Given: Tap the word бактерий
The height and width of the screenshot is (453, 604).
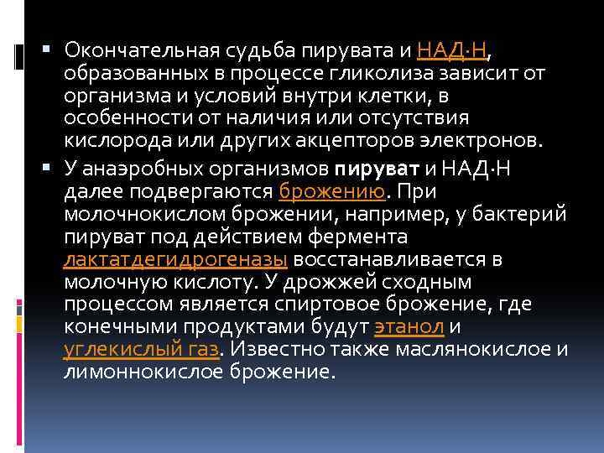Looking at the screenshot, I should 521,213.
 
